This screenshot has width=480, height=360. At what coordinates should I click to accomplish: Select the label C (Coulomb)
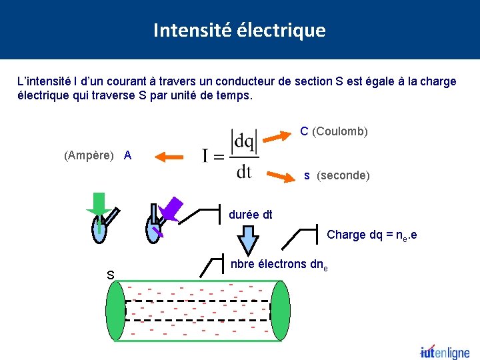pos(334,131)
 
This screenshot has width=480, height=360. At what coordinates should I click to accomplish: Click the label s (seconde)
pos(337,175)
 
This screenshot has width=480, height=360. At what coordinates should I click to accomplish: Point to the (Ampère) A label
pos(98,155)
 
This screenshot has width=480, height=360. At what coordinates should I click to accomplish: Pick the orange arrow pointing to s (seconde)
pos(280,176)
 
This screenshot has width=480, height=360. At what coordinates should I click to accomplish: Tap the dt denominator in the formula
pos(244,172)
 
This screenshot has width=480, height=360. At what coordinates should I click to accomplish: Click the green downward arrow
pos(100,205)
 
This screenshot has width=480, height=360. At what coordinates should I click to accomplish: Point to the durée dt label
pos(250,215)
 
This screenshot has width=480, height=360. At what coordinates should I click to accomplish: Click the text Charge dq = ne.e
pos(371,235)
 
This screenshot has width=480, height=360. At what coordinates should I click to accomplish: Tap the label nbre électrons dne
pos(279,264)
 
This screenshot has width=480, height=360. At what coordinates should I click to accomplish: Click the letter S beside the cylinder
pos(110,275)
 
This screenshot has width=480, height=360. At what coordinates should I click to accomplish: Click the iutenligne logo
pos(444,353)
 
